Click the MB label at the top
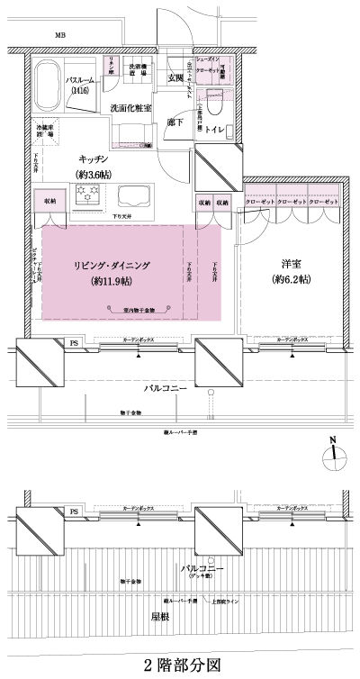pyautogui.click(x=60, y=35)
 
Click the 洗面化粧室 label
pyautogui.click(x=130, y=107)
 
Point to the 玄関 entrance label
pyautogui.click(x=175, y=79)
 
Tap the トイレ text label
pyautogui.click(x=214, y=130)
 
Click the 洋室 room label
pyautogui.click(x=291, y=264)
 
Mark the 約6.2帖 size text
pyautogui.click(x=291, y=280)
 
